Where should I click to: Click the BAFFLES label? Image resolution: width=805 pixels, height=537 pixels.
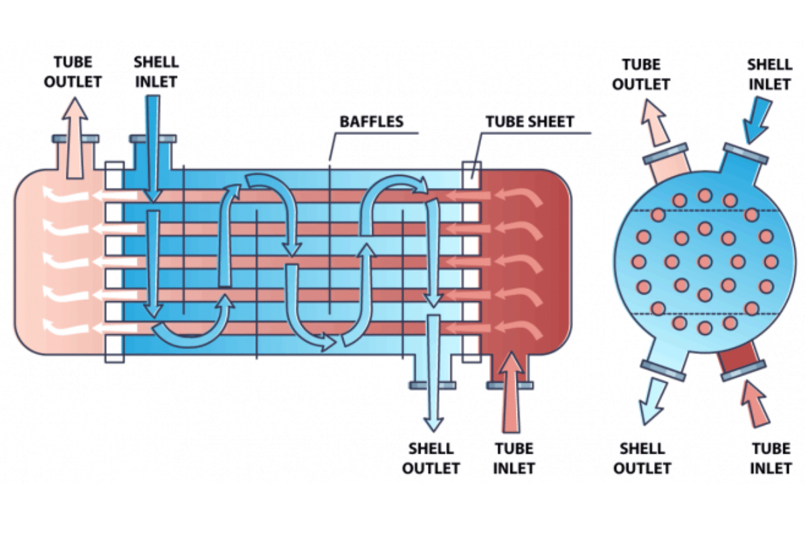(371, 121)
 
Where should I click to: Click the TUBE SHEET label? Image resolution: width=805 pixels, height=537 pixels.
(530, 121)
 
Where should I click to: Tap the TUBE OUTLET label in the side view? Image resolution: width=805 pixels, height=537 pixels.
(78, 72)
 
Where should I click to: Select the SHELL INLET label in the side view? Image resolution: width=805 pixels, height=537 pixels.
(156, 72)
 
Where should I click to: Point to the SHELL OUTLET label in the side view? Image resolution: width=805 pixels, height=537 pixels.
(431, 458)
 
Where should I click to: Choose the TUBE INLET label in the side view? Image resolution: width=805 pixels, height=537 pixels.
(514, 458)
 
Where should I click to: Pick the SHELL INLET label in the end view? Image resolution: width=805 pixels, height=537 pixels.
(769, 74)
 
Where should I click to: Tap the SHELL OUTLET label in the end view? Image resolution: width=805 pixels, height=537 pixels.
(642, 458)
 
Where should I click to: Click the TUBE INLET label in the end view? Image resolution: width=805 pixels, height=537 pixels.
(771, 458)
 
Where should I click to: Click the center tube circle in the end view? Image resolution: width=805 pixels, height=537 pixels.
(704, 261)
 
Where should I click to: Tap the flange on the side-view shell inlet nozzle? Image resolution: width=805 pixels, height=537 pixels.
(154, 139)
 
